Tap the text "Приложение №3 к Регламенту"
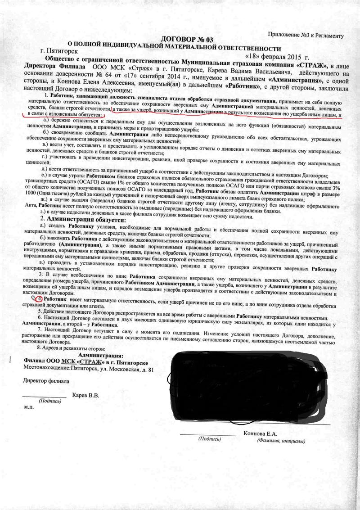click(306, 35)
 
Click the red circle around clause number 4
click(40, 299)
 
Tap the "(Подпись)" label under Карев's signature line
click(50, 400)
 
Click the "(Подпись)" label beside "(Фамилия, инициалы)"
click(209, 438)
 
